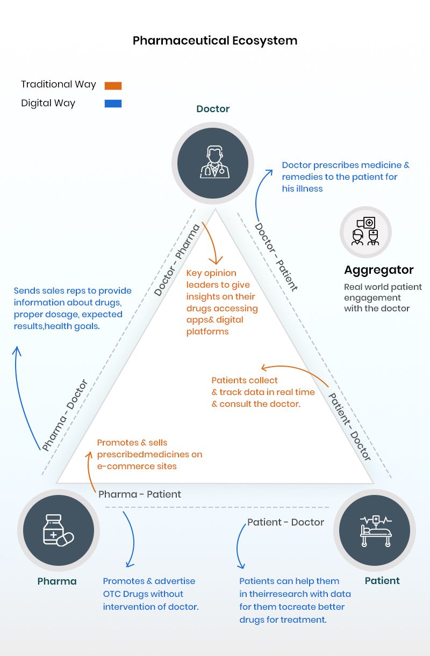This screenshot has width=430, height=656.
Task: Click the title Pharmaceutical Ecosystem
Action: [x=215, y=41]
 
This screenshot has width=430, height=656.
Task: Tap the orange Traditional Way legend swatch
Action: [x=113, y=85]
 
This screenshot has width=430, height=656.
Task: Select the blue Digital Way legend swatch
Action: [x=113, y=104]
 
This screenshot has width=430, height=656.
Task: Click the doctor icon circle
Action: [x=213, y=163]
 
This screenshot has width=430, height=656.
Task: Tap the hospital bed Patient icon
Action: [x=375, y=530]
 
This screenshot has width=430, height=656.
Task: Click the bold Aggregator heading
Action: [x=378, y=270]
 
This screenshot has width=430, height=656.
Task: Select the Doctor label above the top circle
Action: [x=213, y=109]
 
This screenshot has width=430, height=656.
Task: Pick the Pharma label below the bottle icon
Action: [x=57, y=581]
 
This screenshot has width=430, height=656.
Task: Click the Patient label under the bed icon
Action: [x=382, y=581]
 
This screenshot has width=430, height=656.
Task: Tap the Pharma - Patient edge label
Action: [x=140, y=494]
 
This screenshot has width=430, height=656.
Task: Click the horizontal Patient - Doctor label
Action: [x=285, y=522]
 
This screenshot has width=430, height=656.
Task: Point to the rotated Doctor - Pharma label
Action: [x=177, y=260]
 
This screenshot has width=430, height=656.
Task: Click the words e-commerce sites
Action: [x=137, y=467]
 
